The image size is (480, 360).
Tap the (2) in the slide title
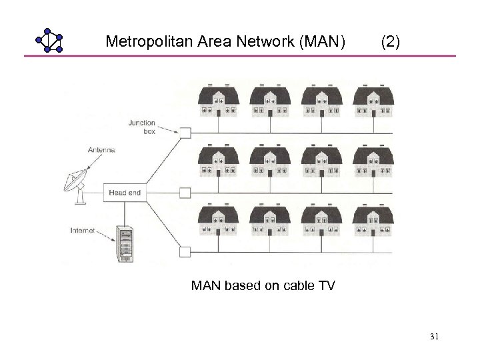pos(390,43)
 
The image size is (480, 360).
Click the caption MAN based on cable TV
pos(263,286)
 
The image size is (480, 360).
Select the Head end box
pos(125,193)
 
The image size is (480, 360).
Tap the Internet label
pos(83,231)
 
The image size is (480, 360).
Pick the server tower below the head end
pos(125,242)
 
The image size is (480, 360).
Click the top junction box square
pos(185,132)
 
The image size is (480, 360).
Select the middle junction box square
pos(185,193)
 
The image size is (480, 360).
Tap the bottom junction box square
pos(185,251)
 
